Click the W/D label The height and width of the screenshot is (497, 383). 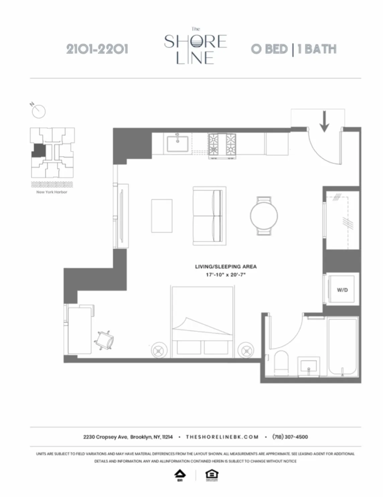[342, 290]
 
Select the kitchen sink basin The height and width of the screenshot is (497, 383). [177, 143]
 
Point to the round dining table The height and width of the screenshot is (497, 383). [264, 216]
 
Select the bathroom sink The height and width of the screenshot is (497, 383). [309, 366]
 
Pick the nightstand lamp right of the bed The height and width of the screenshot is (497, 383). [246, 351]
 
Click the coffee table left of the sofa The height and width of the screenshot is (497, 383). [162, 216]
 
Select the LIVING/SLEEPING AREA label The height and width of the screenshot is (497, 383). [226, 267]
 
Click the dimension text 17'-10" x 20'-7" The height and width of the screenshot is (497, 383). [226, 275]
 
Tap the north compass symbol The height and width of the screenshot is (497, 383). [38, 111]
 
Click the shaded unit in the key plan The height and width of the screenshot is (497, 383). [38, 150]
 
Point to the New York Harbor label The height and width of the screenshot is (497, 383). [52, 192]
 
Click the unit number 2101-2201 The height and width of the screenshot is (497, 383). [97, 49]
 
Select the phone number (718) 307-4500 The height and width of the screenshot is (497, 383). [290, 437]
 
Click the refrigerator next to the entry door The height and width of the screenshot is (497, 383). [277, 144]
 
